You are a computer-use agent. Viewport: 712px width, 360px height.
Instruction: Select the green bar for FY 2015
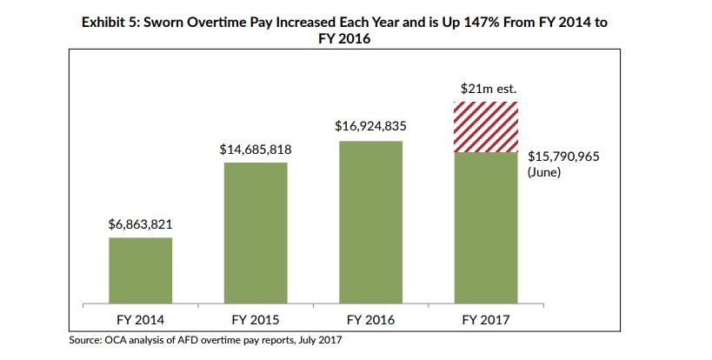(256, 232)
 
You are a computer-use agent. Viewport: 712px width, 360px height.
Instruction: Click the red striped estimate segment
(486, 127)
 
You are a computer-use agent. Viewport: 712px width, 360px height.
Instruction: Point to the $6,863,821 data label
(141, 223)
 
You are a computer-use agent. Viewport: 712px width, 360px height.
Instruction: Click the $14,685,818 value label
(256, 150)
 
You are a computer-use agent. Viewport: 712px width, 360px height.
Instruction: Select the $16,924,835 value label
(370, 127)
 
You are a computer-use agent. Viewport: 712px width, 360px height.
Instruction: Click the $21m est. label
(486, 89)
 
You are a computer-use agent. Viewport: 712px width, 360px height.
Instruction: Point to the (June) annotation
(545, 173)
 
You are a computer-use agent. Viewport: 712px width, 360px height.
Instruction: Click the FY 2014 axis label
(140, 319)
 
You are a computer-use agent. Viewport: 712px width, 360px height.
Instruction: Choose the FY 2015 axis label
(256, 319)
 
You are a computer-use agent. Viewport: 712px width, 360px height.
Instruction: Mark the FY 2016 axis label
(370, 319)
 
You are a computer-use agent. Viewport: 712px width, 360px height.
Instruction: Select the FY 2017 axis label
(486, 319)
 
